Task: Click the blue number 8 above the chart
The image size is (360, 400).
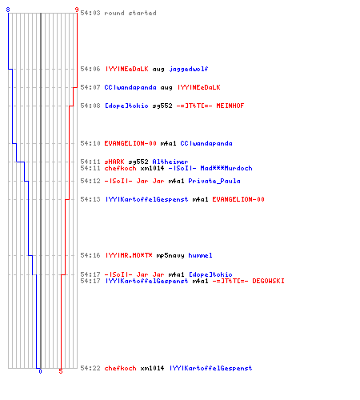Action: (8, 10)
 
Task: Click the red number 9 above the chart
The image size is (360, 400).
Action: (77, 10)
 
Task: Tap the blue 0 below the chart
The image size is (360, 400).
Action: (40, 371)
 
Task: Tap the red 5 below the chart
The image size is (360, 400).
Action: (61, 371)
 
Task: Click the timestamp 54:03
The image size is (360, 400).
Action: (90, 13)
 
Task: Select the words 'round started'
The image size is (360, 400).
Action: (130, 13)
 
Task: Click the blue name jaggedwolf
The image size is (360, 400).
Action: (189, 69)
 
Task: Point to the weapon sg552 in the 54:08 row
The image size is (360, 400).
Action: (162, 106)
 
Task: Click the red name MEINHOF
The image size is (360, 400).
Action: (230, 106)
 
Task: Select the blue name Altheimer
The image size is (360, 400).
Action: (170, 162)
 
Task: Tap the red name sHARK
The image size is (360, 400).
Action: (114, 162)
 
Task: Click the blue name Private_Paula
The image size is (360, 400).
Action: (214, 181)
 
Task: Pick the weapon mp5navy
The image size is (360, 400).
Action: (170, 255)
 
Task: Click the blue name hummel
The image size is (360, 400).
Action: (200, 255)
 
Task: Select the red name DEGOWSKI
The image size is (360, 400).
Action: (268, 281)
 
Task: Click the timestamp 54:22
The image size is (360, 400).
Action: (90, 368)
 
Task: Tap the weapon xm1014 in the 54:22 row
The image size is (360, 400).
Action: (152, 368)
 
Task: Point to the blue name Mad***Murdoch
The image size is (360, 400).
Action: (226, 168)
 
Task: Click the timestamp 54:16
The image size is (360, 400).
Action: (90, 255)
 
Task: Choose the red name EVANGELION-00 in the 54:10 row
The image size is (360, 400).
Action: (130, 143)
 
